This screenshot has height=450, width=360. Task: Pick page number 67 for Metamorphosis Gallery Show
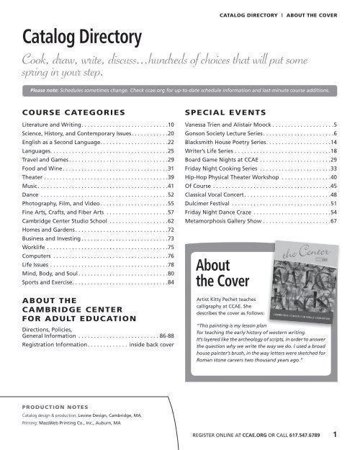click(333, 222)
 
